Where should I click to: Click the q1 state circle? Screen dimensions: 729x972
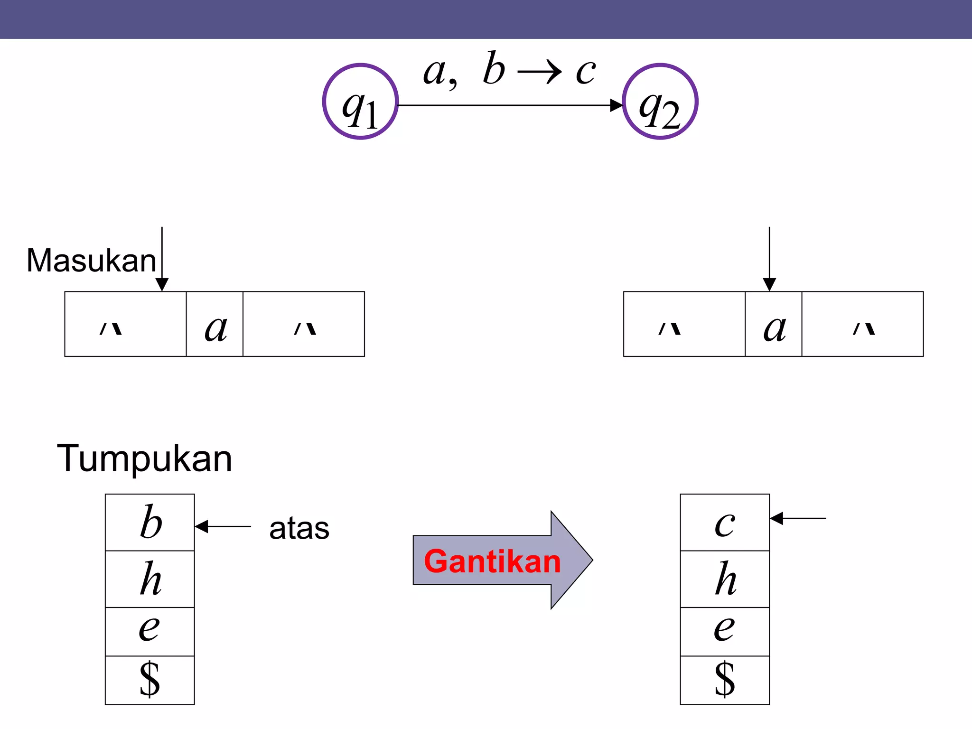pos(360,102)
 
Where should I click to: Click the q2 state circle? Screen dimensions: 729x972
pos(660,102)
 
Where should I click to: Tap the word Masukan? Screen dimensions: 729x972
pos(91,261)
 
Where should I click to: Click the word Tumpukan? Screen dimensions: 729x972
pos(144,458)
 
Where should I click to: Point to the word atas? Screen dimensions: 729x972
pos(299,528)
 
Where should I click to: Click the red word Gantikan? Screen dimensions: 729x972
pos(492,561)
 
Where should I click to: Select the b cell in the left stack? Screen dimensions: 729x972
pos(150,522)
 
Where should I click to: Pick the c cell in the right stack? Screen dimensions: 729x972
pos(725,522)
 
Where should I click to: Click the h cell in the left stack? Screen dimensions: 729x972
pos(150,579)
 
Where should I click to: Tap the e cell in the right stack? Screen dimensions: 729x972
pos(725,631)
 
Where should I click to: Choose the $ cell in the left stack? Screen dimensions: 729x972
pos(150,680)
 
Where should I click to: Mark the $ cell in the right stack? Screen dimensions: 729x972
pos(725,680)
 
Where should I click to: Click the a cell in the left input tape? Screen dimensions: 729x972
pos(215,324)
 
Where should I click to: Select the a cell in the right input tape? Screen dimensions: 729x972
pos(774,324)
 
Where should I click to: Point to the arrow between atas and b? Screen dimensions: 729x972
pos(223,526)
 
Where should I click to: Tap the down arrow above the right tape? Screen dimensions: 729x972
pos(769,259)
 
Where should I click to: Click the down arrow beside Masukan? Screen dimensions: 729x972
pos(162,259)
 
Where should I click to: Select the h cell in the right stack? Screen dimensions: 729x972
pos(725,579)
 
